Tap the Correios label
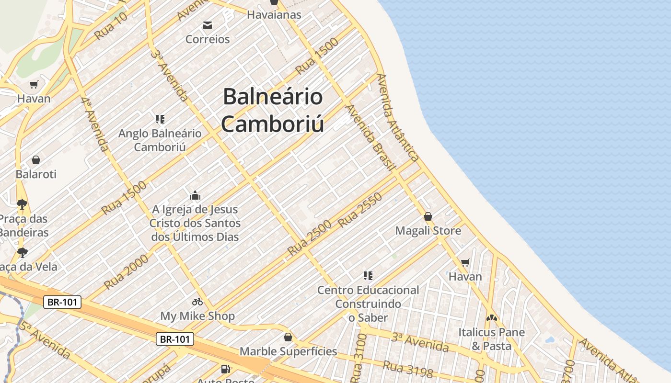coord(208,39)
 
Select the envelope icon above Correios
coord(208,25)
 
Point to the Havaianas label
coord(274,15)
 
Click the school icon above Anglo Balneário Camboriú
coord(160,119)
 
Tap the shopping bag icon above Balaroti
coord(36,160)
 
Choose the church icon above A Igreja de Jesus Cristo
coord(195,195)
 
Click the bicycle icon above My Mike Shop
coord(197,302)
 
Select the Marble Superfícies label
coord(288,351)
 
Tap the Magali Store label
coord(428,231)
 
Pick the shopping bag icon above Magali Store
coord(428,216)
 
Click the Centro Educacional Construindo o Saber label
coord(368,304)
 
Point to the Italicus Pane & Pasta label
coord(491,339)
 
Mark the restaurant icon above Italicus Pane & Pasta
coord(491,317)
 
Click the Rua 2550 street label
coord(360,210)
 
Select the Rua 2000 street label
coord(126,272)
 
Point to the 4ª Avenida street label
coord(95,124)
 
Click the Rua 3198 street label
coord(408,369)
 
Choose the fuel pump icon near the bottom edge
coord(225,369)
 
